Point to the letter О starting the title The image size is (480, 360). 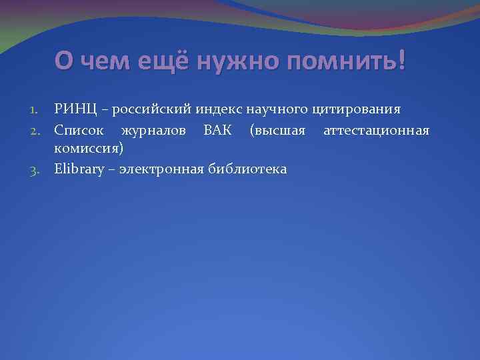tap(64, 63)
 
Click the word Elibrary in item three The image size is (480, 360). tap(79, 169)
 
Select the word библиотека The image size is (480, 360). tap(247, 169)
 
